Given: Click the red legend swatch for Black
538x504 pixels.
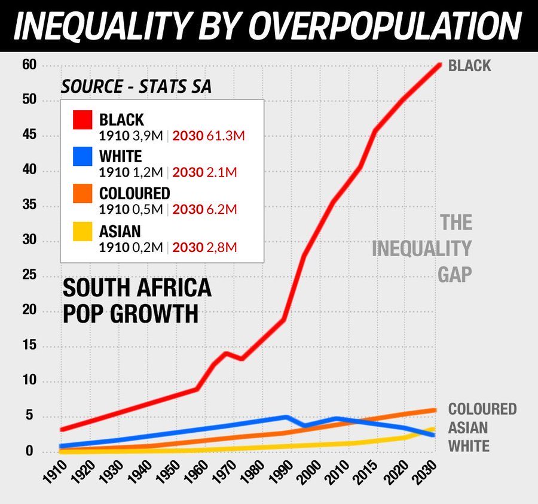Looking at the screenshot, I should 82,120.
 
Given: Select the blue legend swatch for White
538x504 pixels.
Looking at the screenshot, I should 82,156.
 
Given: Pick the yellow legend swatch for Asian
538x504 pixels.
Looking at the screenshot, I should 82,231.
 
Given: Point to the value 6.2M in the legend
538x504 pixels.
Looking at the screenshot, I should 221,210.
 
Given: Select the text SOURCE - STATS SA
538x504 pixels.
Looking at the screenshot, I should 136,87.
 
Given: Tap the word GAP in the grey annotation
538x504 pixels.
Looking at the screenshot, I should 454,274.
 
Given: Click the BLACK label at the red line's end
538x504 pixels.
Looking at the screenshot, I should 469,65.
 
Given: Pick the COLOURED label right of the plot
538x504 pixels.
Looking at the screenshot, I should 482,409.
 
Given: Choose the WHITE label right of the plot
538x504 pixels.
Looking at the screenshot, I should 469,446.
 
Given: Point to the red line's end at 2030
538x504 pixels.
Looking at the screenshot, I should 439,65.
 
